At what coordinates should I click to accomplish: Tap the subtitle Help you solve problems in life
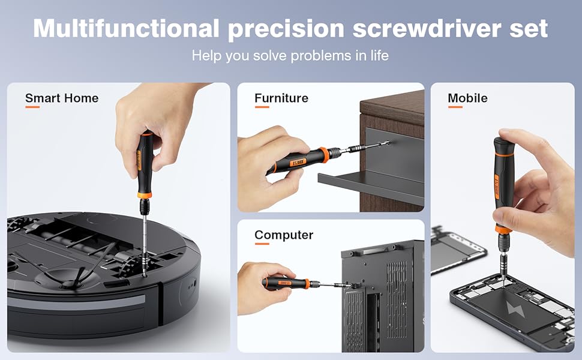point(290,56)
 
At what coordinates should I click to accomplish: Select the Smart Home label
point(62,98)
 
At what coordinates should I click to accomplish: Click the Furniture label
point(281,98)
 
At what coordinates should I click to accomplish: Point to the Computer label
point(284,235)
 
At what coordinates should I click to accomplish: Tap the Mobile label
point(467,98)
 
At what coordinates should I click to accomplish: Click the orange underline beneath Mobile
point(455,107)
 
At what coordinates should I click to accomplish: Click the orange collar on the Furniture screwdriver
point(324,154)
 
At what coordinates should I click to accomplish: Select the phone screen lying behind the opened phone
point(453,247)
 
